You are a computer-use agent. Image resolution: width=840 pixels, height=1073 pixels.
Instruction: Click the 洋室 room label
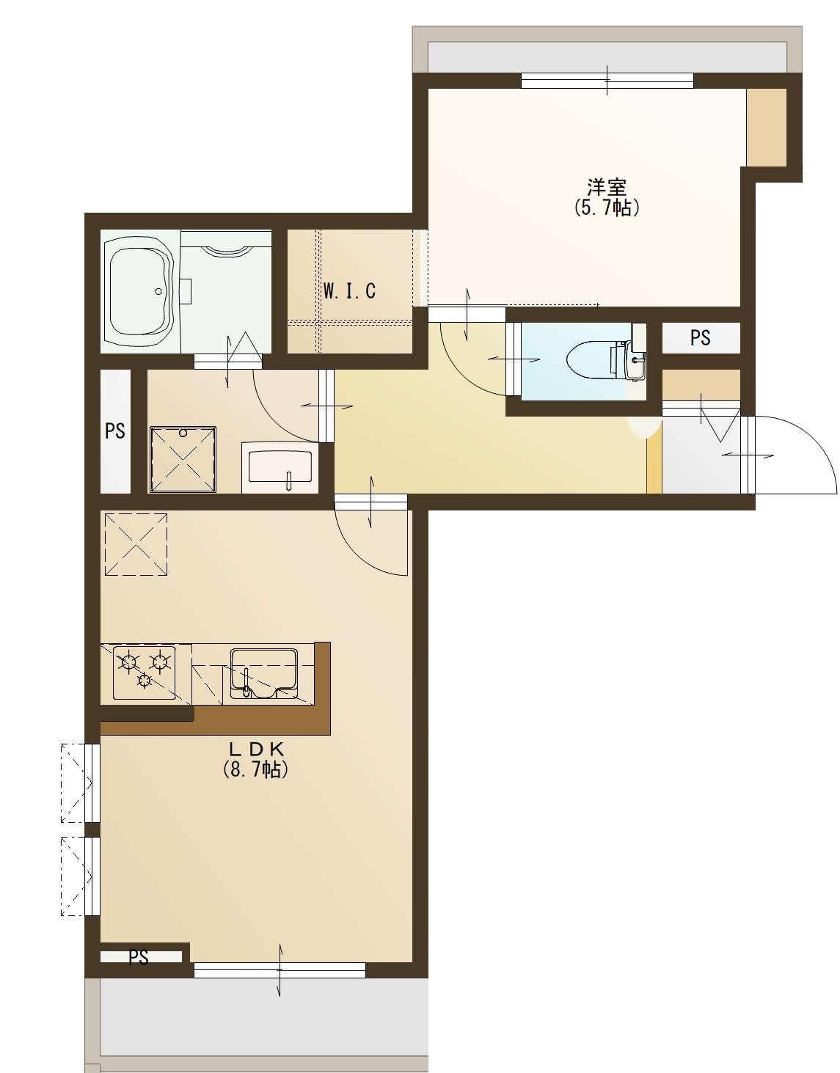coord(607,187)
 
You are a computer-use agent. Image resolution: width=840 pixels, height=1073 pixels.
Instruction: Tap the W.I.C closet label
coord(349,291)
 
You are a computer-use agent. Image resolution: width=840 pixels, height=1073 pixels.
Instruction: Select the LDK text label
coord(255,750)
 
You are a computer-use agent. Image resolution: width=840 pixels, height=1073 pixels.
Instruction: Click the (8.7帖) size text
coord(255,770)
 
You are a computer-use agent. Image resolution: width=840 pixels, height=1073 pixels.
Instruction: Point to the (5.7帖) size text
coord(607,208)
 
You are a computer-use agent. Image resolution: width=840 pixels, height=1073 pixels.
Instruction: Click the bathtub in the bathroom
coord(139,291)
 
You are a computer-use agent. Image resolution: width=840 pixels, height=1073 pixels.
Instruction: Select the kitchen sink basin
coord(264,673)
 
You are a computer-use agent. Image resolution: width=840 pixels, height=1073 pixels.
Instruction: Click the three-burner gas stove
coord(145,673)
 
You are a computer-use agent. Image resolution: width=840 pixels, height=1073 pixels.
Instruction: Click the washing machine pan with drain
coord(183,459)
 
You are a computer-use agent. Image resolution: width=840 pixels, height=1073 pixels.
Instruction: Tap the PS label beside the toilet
coord(701,338)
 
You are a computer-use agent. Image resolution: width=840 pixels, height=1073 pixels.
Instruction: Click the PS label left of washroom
coord(115,431)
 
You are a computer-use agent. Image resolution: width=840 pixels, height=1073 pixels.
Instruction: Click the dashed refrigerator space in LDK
coord(136,544)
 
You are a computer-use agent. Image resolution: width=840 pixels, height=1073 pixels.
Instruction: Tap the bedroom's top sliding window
coord(607,80)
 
